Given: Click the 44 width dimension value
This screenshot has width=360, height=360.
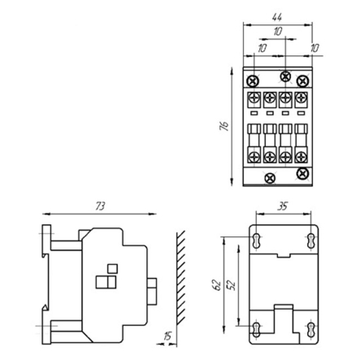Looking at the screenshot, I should coord(277,16).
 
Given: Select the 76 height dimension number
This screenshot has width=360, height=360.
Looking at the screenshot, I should coord(223,128).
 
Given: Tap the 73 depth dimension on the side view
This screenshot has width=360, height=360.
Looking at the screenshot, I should coord(100,207).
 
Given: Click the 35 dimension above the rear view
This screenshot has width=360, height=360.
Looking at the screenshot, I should coord(282,206).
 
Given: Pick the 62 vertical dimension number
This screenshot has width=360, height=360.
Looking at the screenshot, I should coord(216,284).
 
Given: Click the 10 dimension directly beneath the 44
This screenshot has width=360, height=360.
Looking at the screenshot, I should coord(277,32).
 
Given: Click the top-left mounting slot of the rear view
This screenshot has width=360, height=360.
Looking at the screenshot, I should coord(258,240).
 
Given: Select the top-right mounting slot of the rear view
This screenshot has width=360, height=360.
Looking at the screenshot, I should coord(309,240).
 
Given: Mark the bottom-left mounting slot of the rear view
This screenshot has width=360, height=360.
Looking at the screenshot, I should coord(258,329).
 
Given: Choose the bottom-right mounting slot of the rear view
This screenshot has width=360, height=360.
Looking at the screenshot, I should coord(309,329).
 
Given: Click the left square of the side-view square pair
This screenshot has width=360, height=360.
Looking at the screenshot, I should coord(102,282).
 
